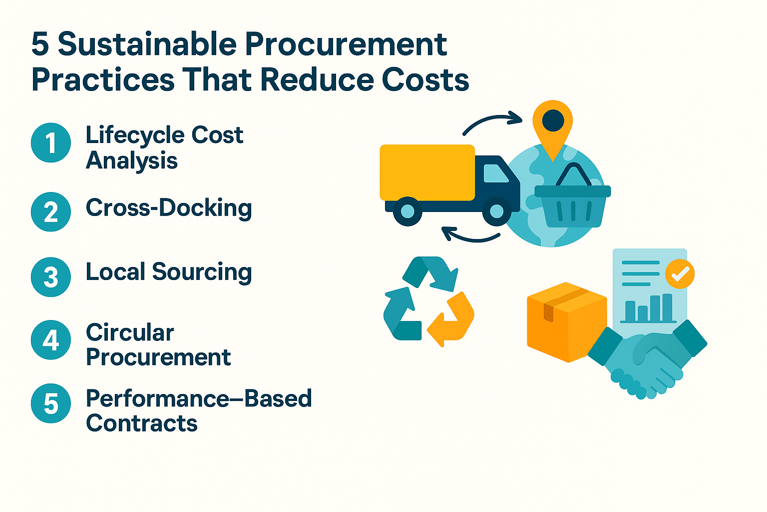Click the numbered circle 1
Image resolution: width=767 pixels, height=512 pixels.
[51, 143]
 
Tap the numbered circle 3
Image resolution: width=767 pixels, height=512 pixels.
[51, 276]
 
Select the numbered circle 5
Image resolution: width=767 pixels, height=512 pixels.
[51, 403]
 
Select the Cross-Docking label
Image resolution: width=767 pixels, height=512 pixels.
[169, 208]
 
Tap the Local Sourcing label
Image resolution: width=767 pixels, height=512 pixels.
[169, 272]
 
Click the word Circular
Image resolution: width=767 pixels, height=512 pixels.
[130, 332]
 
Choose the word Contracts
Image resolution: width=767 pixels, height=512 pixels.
[142, 423]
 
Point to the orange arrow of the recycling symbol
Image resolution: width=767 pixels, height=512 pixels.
[452, 320]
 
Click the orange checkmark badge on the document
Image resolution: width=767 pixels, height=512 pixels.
[680, 273]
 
